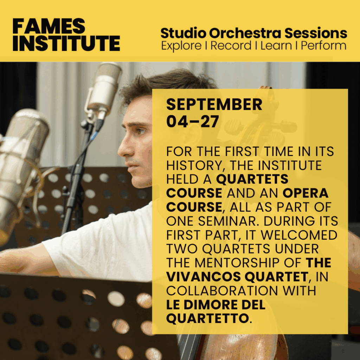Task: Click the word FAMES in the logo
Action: click(x=49, y=26)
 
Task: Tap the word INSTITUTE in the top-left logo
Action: click(x=66, y=43)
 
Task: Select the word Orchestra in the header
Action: click(x=245, y=33)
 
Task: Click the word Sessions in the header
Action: click(x=316, y=33)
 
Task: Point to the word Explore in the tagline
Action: click(x=181, y=46)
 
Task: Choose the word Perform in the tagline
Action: click(x=323, y=45)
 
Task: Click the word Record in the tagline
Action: click(x=231, y=45)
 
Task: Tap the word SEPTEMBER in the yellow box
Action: click(x=214, y=104)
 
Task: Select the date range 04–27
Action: click(x=192, y=121)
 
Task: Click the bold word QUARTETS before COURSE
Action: click(x=252, y=179)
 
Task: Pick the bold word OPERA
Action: click(x=306, y=193)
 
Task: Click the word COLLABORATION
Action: click(x=222, y=291)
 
